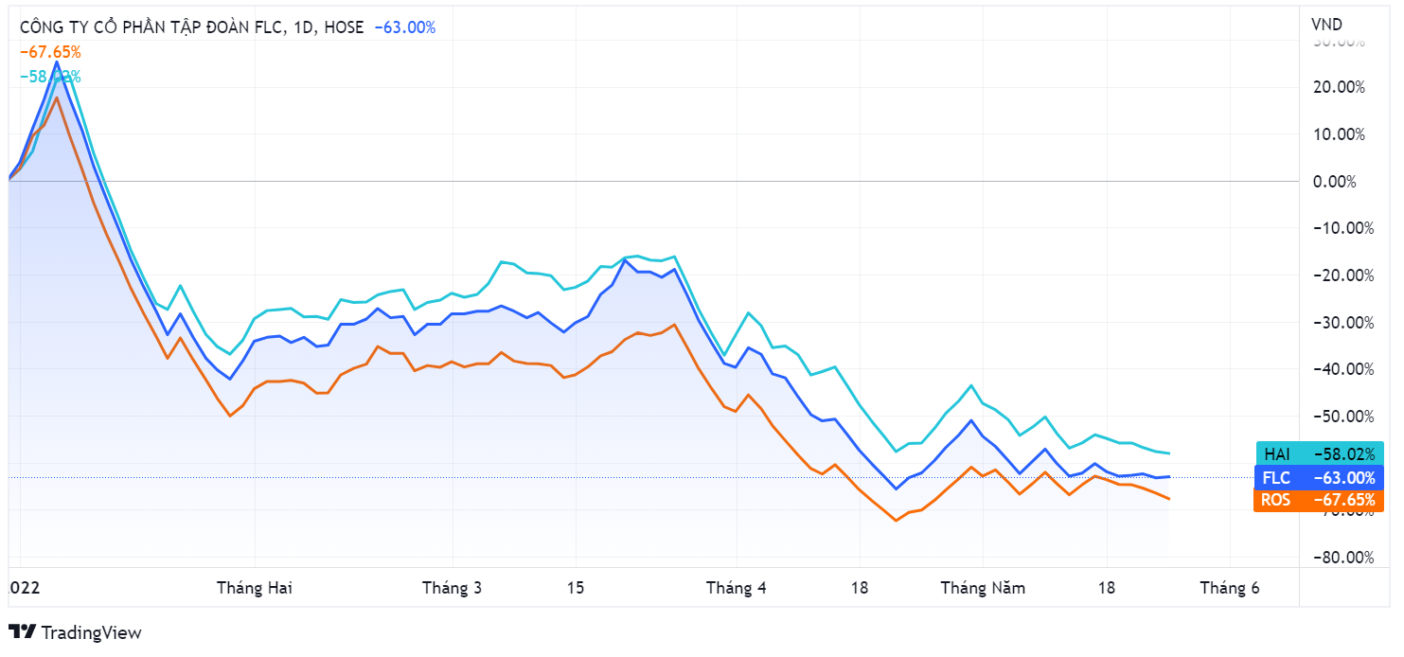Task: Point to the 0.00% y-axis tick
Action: pos(1339,181)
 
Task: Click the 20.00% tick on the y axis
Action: pos(1339,87)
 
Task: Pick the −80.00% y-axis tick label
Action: pos(1339,557)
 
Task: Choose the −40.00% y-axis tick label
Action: pos(1339,369)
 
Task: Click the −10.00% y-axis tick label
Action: pos(1339,228)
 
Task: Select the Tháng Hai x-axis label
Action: pos(255,588)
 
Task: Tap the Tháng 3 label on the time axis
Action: pos(452,588)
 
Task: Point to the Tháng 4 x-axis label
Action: pos(736,588)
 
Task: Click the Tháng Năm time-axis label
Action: pos(983,588)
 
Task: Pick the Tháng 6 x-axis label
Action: pos(1230,588)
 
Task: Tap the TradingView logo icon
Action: pos(22,631)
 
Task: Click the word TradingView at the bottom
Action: pos(92,632)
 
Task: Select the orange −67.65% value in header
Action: pos(50,52)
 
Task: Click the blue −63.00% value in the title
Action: pos(405,27)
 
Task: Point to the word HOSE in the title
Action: pos(344,27)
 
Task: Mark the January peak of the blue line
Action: pos(56,62)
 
